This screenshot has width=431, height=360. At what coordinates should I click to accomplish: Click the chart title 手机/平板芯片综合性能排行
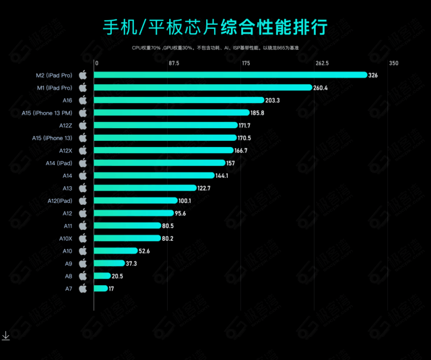tap(215, 26)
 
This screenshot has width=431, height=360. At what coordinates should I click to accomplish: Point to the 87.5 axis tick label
tap(173, 63)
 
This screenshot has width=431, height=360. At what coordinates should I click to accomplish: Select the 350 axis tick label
tap(394, 63)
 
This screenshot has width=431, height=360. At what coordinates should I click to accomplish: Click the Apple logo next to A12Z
tap(83, 125)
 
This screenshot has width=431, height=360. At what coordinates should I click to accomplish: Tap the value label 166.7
tap(241, 150)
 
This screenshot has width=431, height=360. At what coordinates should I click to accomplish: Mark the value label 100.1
tap(185, 201)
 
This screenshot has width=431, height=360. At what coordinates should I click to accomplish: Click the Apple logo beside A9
tap(83, 264)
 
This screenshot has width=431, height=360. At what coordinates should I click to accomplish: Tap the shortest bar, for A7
tap(100, 289)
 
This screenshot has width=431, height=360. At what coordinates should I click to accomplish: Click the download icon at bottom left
tap(5, 335)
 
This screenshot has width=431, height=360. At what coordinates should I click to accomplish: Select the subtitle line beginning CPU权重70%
tap(215, 48)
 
